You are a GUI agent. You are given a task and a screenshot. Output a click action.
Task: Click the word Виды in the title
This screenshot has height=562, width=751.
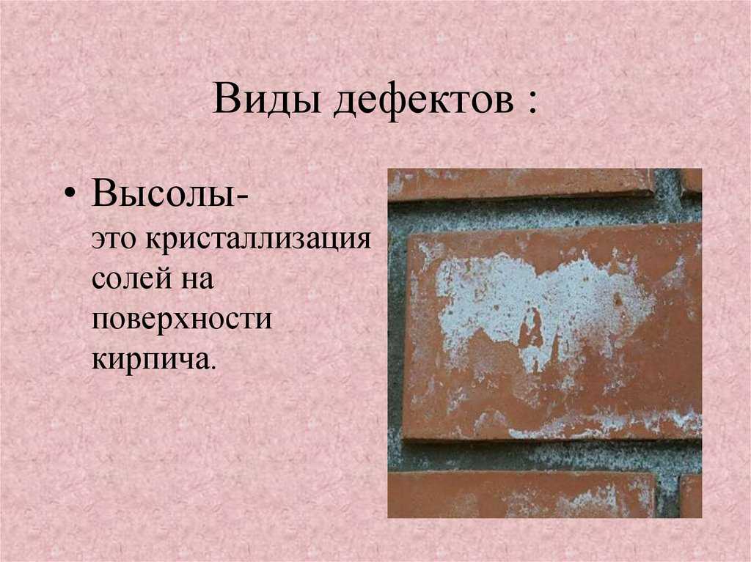[x=267, y=100]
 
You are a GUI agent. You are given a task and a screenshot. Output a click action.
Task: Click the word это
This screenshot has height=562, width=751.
[x=114, y=240]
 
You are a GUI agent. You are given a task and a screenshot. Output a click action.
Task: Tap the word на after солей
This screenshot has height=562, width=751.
[x=197, y=281]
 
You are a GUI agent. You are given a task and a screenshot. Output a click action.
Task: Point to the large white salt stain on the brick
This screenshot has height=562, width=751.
[x=541, y=306]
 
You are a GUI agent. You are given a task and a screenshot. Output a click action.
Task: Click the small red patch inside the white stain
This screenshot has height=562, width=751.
[x=530, y=330]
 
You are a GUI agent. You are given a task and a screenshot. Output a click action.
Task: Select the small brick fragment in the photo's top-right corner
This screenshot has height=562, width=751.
[x=691, y=181]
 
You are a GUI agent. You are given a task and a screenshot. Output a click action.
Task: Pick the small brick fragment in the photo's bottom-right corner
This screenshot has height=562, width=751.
[x=691, y=496]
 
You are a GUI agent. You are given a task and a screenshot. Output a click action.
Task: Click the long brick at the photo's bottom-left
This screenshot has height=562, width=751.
[x=521, y=495]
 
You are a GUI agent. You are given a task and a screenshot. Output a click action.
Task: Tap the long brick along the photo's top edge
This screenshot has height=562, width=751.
[x=521, y=184]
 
